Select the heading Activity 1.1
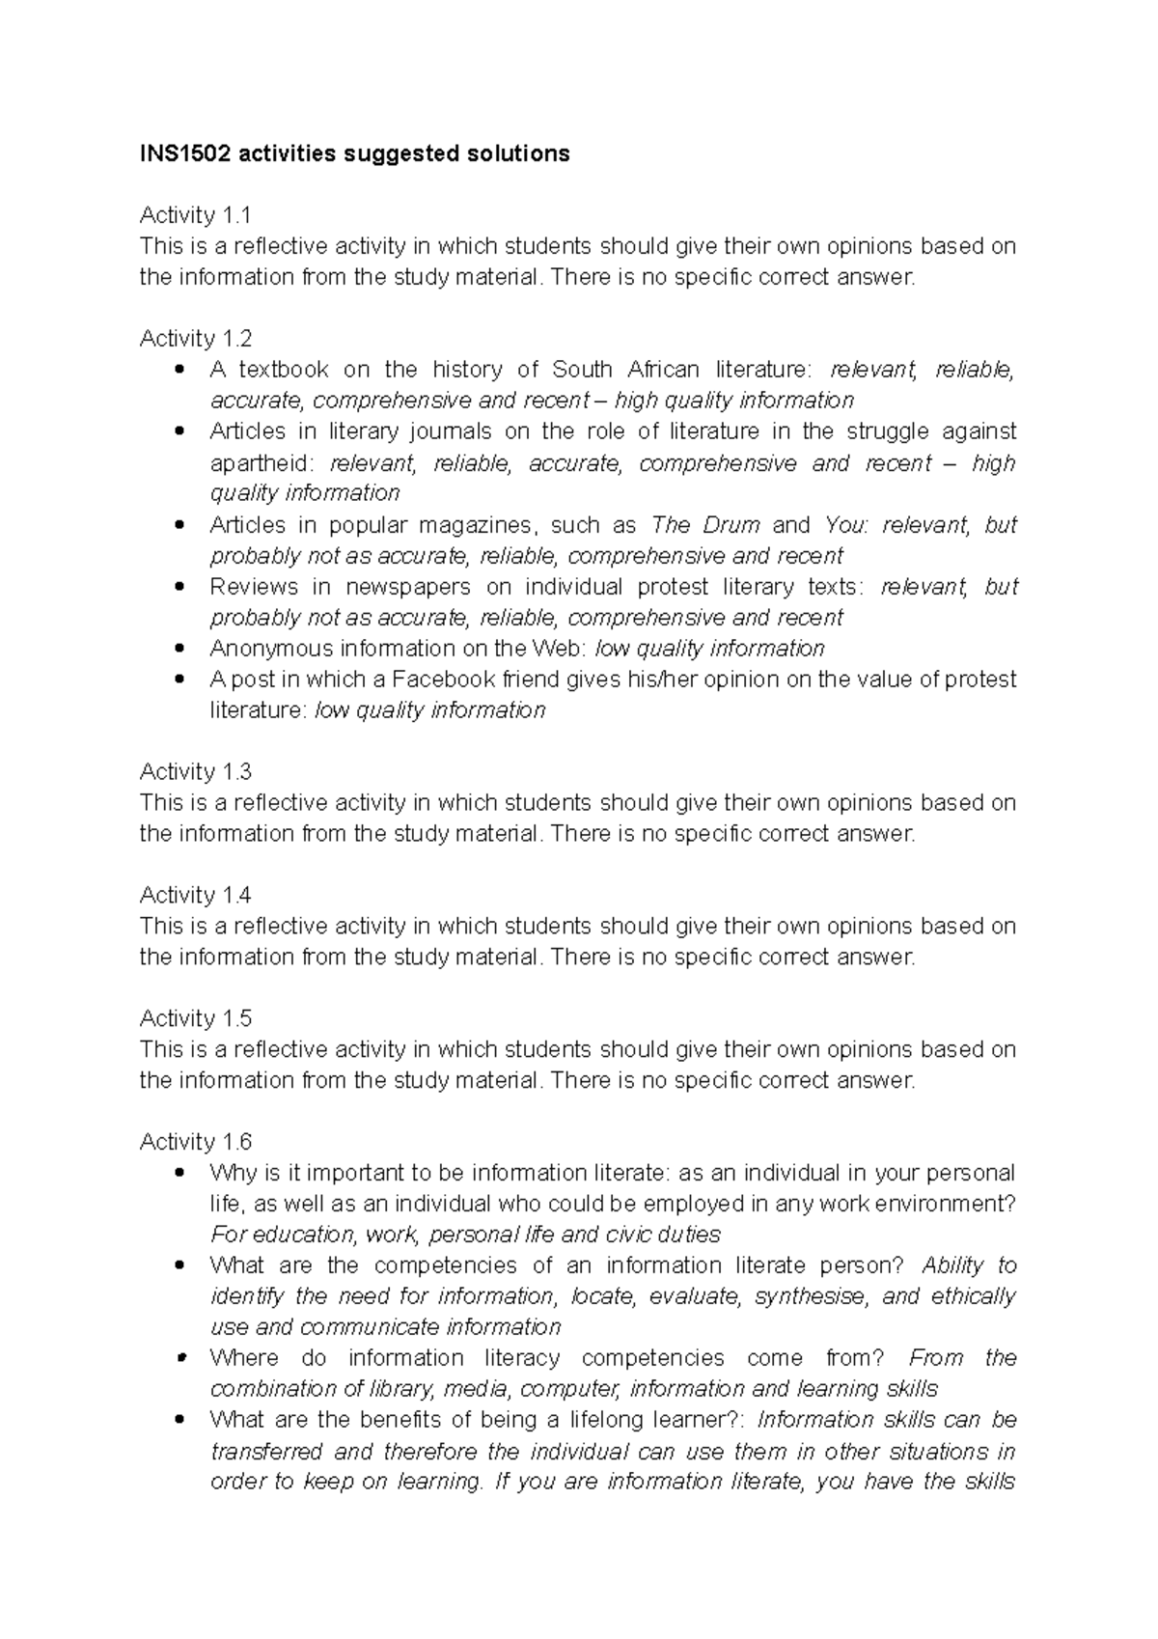[x=196, y=215]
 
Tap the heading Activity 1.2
[x=196, y=339]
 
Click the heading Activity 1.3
[x=196, y=772]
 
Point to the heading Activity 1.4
[x=196, y=896]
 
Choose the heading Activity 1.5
[x=196, y=1019]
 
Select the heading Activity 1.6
[x=196, y=1143]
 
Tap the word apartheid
[x=255, y=463]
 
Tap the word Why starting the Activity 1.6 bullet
[x=233, y=1174]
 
